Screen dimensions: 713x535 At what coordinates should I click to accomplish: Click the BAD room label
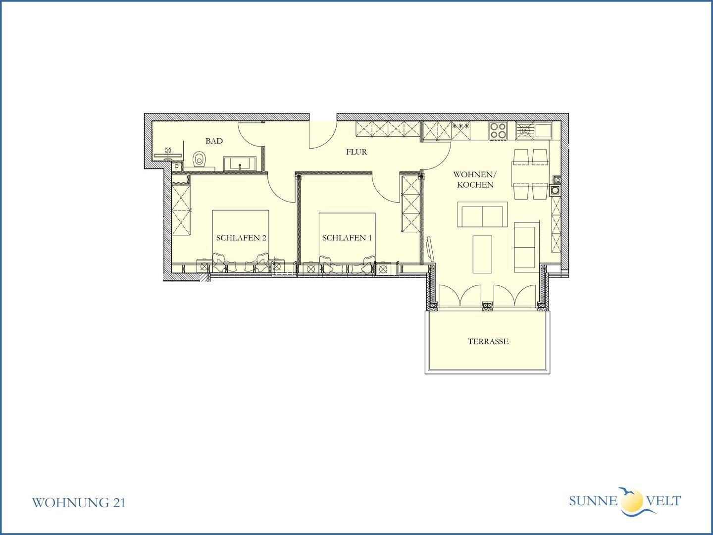tap(214, 141)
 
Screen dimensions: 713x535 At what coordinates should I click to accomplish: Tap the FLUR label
tap(356, 152)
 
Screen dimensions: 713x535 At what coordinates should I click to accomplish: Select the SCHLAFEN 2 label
tap(241, 238)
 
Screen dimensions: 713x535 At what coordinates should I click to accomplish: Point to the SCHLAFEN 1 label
tap(347, 238)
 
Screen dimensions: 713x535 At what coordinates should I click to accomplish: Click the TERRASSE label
tap(488, 341)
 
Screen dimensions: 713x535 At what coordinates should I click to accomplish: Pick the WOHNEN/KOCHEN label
tap(475, 180)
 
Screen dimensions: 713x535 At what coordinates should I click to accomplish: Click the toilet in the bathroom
tap(199, 160)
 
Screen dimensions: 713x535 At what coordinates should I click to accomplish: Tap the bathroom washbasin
tap(240, 163)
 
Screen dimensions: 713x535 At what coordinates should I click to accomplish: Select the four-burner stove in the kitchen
tap(498, 131)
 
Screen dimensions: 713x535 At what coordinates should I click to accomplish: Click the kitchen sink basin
tap(544, 130)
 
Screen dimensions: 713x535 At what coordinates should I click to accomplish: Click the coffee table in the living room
tap(482, 254)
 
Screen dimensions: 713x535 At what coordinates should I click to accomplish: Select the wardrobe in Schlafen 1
tap(411, 204)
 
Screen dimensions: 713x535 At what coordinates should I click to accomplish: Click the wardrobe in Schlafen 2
tap(181, 210)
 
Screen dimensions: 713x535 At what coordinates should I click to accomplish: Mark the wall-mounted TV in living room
tap(430, 250)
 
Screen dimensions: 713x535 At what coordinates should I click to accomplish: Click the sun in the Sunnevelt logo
tap(632, 501)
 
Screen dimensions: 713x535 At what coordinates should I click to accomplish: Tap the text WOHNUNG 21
tap(79, 502)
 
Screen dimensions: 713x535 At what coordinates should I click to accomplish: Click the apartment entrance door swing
tap(323, 135)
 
